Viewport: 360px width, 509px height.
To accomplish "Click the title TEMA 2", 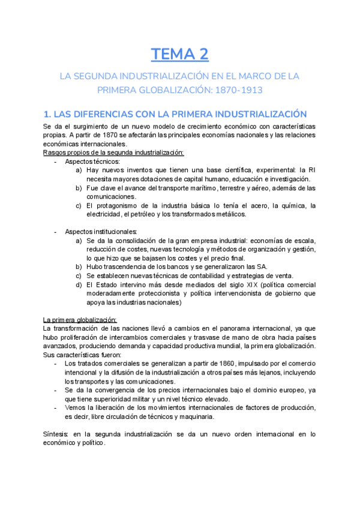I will tap(179, 55).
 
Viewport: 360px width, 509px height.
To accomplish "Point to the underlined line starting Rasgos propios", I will tap(113, 152).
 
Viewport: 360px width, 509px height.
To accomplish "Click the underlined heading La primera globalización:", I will tap(80, 319).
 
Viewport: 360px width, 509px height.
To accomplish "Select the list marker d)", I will tap(80, 285).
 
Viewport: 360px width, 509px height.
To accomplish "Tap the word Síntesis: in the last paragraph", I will tap(57, 434).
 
